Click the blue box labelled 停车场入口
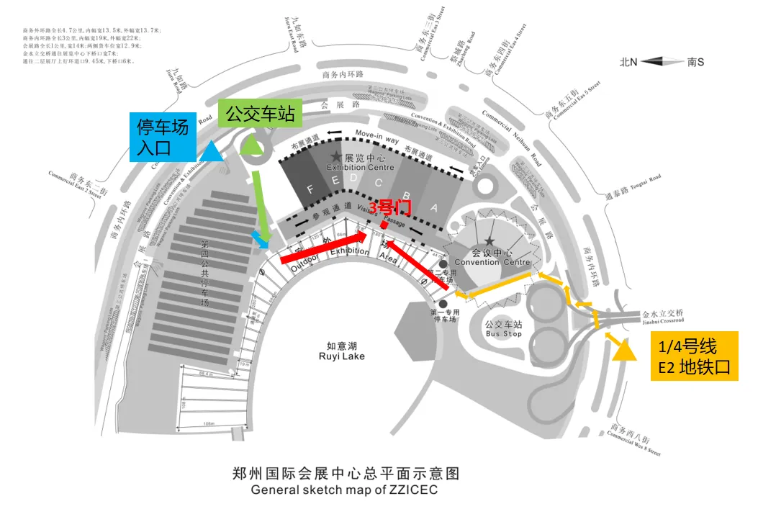click(x=163, y=137)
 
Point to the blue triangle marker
click(x=211, y=151)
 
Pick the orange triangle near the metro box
click(x=623, y=350)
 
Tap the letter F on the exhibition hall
click(x=310, y=190)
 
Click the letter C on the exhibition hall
click(x=378, y=183)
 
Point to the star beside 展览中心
click(x=335, y=156)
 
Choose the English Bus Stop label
click(x=503, y=334)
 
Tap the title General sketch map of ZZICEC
click(x=343, y=490)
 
